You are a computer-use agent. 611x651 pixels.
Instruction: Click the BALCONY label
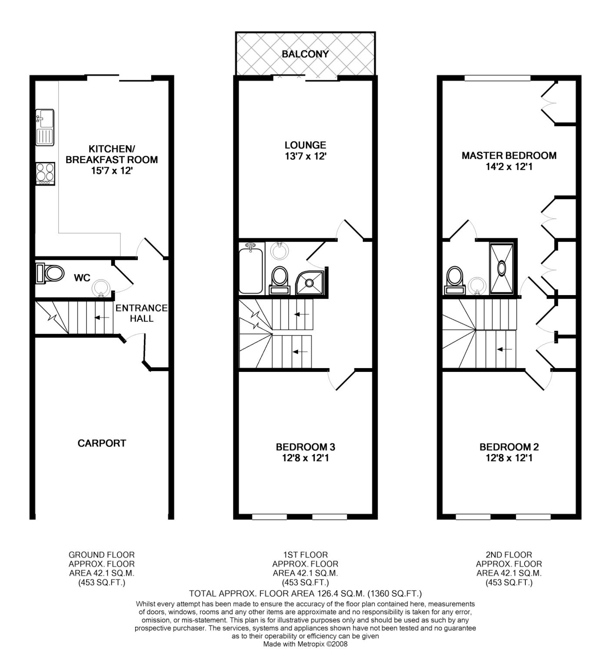305,54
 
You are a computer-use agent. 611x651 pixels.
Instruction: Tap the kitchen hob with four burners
45,174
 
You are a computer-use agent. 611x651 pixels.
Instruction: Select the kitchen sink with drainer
45,127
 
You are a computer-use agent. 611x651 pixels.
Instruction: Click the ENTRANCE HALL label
141,313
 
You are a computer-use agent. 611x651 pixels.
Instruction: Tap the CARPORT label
102,443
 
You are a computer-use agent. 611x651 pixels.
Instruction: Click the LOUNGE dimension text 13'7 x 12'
305,156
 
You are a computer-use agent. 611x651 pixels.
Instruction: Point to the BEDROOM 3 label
305,447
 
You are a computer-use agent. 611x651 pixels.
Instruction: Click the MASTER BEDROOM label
509,155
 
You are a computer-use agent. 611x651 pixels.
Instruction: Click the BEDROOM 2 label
509,447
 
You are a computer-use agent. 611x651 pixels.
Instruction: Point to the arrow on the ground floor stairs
102,318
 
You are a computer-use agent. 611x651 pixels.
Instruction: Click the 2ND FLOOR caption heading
509,555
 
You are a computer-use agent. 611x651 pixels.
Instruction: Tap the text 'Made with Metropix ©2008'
305,644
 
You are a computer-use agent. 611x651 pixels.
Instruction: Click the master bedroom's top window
498,79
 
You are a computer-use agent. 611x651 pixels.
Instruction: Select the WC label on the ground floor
82,278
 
